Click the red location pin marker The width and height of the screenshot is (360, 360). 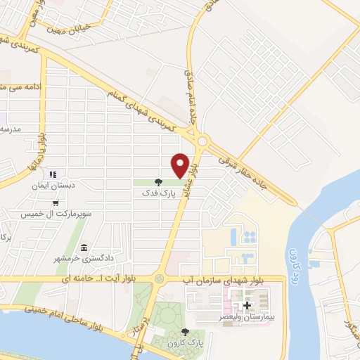[x=180, y=165]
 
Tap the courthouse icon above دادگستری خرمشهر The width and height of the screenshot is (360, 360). [x=84, y=248]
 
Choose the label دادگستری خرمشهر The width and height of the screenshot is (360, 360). [x=70, y=259]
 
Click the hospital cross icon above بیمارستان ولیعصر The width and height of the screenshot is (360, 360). [x=247, y=305]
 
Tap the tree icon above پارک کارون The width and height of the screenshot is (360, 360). [x=184, y=332]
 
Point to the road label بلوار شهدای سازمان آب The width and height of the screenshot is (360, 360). [x=217, y=279]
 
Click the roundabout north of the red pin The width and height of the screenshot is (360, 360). [x=202, y=141]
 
